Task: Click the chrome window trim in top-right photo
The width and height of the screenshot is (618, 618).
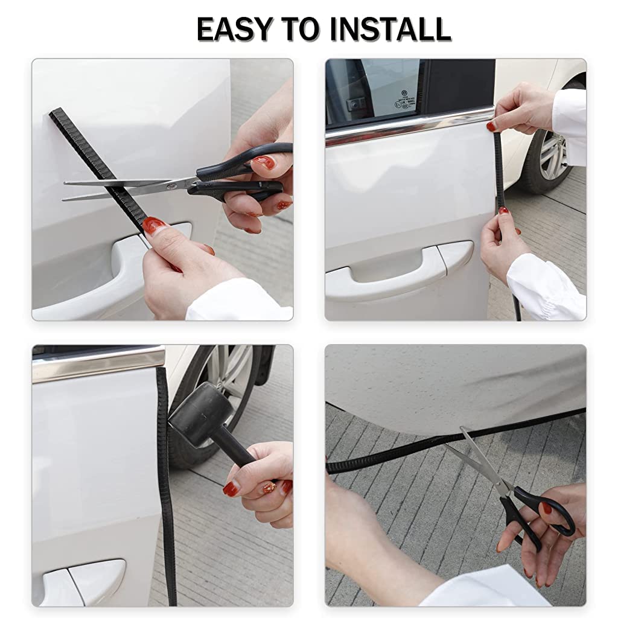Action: point(410,127)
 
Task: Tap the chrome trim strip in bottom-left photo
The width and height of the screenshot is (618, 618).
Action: point(97,364)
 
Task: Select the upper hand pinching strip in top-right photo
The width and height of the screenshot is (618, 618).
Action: point(519,109)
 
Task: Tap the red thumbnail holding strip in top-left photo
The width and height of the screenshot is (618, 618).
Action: point(154,226)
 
